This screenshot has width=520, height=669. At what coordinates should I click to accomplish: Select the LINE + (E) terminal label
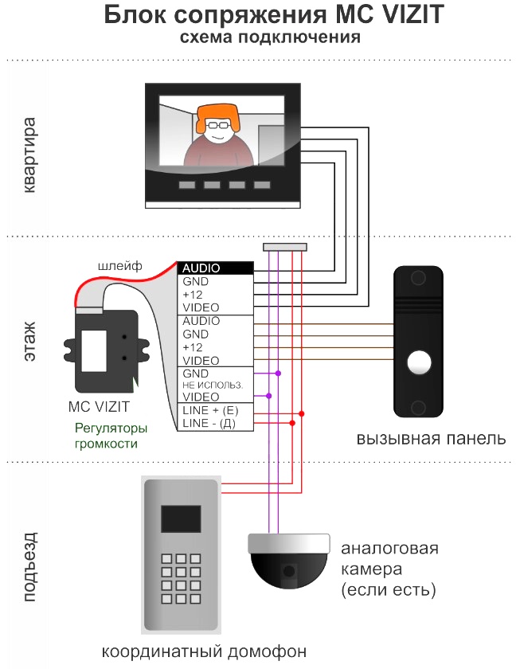210,410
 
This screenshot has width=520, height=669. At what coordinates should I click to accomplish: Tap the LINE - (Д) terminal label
209,423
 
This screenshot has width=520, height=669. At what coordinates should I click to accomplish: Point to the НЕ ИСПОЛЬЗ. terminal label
213,385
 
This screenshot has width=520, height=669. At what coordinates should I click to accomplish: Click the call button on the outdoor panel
419,362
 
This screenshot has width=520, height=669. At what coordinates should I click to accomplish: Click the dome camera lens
289,570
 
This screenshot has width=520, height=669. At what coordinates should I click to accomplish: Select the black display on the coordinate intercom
181,518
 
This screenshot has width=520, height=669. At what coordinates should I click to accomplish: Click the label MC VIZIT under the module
99,407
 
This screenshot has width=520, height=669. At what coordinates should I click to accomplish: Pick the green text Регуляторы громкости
111,436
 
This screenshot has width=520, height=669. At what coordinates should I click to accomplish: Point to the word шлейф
120,266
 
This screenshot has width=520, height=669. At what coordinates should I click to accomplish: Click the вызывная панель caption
432,439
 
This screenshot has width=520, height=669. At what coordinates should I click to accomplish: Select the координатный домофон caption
204,651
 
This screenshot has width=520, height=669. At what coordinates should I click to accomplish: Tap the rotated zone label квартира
29,155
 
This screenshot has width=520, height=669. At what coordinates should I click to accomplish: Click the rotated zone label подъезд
29,567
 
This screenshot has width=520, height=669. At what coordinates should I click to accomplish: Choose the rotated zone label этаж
29,342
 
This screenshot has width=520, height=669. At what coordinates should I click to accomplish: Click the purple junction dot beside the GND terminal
278,374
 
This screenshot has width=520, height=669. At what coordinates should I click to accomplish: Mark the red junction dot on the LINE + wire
302,414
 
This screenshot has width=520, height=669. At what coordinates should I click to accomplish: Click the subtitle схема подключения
270,37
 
